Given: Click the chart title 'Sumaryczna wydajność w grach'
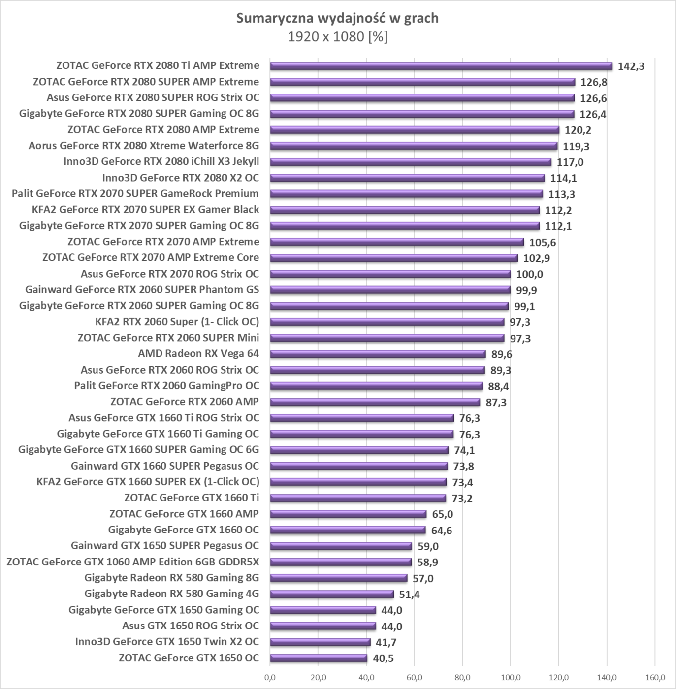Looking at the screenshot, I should pyautogui.click(x=337, y=18).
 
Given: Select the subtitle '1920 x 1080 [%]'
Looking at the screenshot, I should pyautogui.click(x=337, y=37).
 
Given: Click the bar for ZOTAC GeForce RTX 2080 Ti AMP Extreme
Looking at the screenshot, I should pyautogui.click(x=441, y=66).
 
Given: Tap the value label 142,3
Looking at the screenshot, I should pyautogui.click(x=631, y=66).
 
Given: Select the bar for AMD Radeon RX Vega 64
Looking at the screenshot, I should pyautogui.click(x=378, y=354).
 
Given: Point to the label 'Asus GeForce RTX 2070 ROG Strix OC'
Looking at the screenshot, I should pyautogui.click(x=170, y=274).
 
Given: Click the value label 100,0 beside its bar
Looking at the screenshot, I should pyautogui.click(x=529, y=274).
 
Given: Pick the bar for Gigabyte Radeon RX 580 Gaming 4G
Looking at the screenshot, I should pyautogui.click(x=332, y=594).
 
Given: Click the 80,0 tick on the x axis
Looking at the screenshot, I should pyautogui.click(x=462, y=678).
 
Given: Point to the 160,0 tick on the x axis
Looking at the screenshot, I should pyautogui.click(x=654, y=678).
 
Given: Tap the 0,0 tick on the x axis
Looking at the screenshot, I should pyautogui.click(x=270, y=678).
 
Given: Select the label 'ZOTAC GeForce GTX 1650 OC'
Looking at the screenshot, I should pyautogui.click(x=189, y=658).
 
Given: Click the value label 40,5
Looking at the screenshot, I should pyautogui.click(x=383, y=658).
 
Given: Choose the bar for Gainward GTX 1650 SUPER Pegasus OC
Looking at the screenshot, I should pyautogui.click(x=341, y=546).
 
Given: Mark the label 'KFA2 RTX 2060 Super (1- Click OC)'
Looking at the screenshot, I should pyautogui.click(x=177, y=322).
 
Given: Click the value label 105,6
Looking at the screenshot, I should pyautogui.click(x=543, y=242).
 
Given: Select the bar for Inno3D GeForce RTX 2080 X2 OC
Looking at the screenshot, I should pyautogui.click(x=407, y=178).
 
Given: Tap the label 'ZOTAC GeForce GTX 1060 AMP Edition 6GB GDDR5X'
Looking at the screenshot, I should pyautogui.click(x=132, y=562).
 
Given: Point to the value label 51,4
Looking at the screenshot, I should pyautogui.click(x=409, y=595).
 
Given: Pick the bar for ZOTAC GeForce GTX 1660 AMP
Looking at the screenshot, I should pyautogui.click(x=348, y=514).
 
